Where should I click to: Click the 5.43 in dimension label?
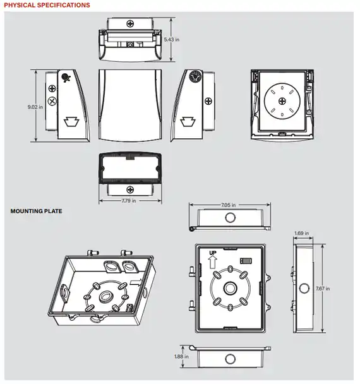171,39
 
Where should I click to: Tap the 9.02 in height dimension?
35,107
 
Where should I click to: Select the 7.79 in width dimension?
129,201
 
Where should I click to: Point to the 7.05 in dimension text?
228,205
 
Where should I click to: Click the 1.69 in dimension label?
301,233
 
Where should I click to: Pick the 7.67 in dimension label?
323,289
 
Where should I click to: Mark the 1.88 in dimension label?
181,357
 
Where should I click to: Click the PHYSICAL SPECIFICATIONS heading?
47,5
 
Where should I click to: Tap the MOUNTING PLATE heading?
36,211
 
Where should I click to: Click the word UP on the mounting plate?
213,253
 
